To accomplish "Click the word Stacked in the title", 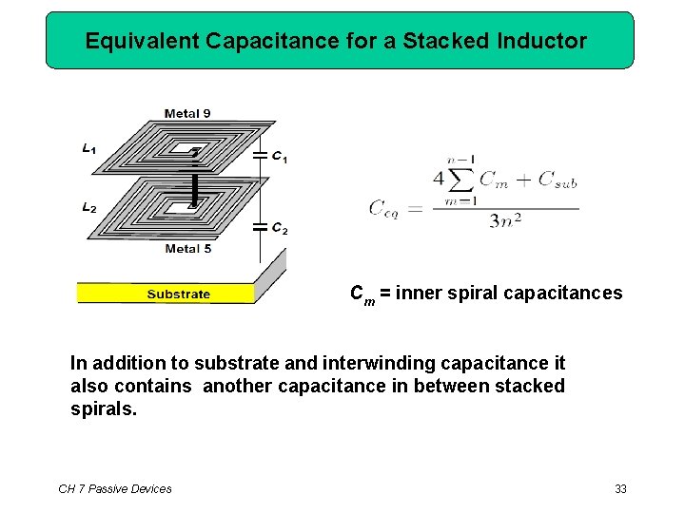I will [x=442, y=41].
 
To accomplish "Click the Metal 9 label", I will [x=187, y=114].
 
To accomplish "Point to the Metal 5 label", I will [x=187, y=249].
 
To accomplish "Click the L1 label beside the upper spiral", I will [x=88, y=149].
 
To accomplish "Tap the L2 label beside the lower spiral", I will [x=88, y=207].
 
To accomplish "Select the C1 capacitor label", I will [x=280, y=158].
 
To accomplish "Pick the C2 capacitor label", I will [x=280, y=228].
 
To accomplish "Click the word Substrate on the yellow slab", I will [x=178, y=294].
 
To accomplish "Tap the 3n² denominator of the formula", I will [x=505, y=221].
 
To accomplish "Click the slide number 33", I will [x=620, y=489].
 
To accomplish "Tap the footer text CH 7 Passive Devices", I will [x=115, y=489].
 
